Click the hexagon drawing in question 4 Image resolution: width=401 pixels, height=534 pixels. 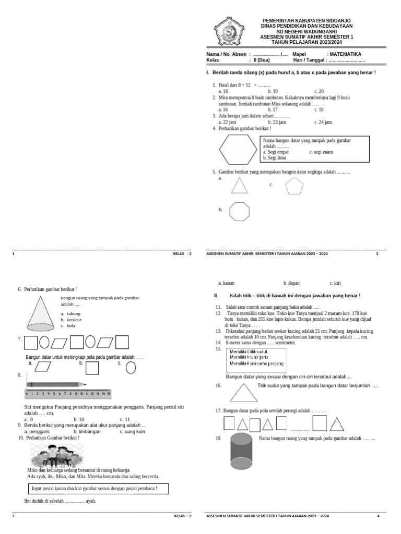point(238,149)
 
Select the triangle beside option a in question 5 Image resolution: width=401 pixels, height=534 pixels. point(239,186)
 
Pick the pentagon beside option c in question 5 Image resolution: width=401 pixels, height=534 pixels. point(294,186)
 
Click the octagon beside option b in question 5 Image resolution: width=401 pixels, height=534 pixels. point(239,212)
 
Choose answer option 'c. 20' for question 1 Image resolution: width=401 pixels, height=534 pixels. point(319,91)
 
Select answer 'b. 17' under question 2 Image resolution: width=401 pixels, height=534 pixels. point(273,110)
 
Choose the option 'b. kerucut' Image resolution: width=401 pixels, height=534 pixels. point(71,320)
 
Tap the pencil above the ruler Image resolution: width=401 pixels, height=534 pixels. point(56,385)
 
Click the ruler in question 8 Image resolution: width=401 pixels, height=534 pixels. point(68,394)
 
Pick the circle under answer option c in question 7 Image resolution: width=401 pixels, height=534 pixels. point(131,368)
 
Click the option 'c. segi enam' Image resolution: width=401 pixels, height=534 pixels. point(321,152)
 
